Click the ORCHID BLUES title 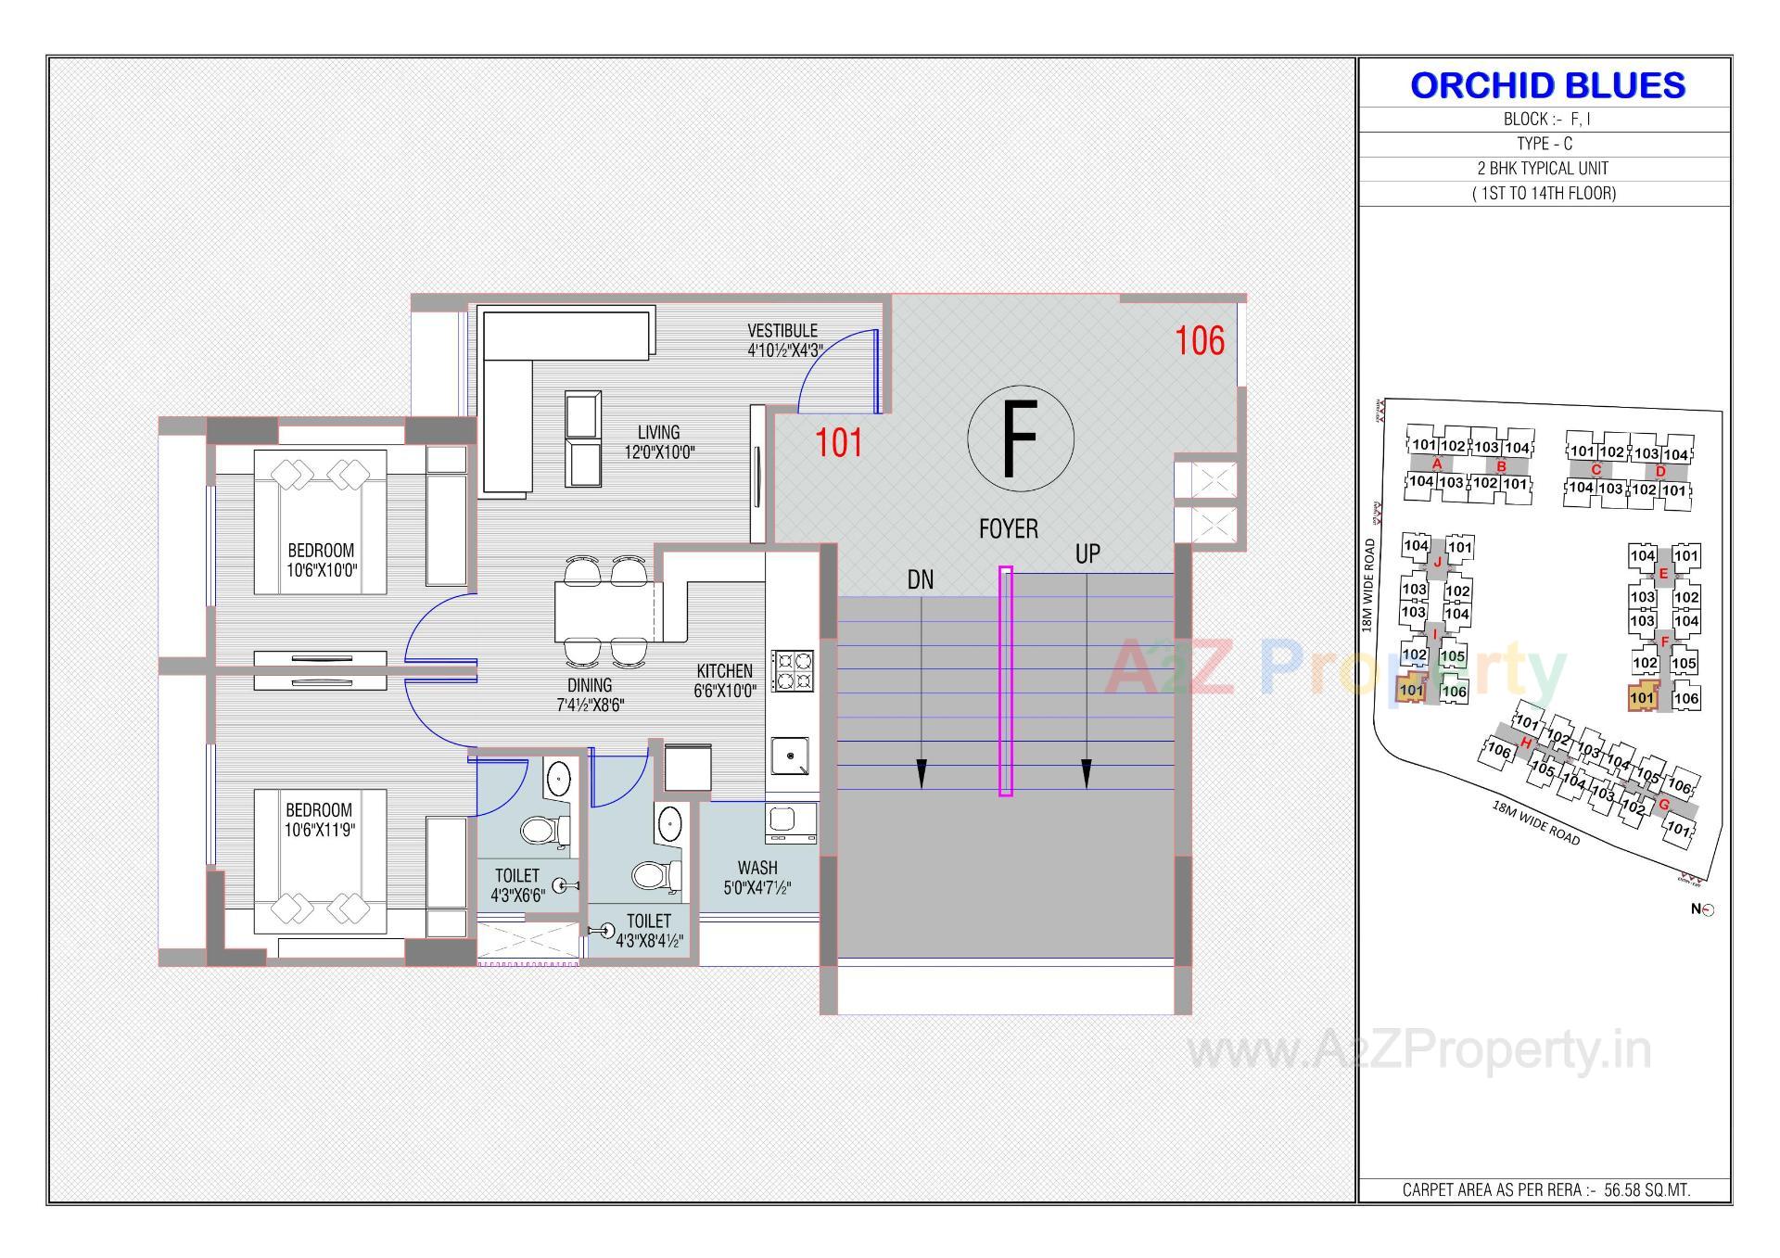click(x=1546, y=85)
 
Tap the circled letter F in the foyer click(x=1020, y=438)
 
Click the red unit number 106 click(x=1200, y=341)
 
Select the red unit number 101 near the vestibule click(x=838, y=443)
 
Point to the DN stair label click(x=920, y=580)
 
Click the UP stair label click(x=1087, y=554)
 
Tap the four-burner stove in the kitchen click(x=794, y=671)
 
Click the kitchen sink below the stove click(x=790, y=756)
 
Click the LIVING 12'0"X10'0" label click(x=658, y=442)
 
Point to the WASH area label click(x=757, y=878)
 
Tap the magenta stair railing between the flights click(x=1005, y=681)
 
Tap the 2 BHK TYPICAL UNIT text click(x=1543, y=169)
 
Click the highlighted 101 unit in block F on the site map click(x=1642, y=698)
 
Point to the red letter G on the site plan click(x=1663, y=805)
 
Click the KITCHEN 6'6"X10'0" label click(x=725, y=680)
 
